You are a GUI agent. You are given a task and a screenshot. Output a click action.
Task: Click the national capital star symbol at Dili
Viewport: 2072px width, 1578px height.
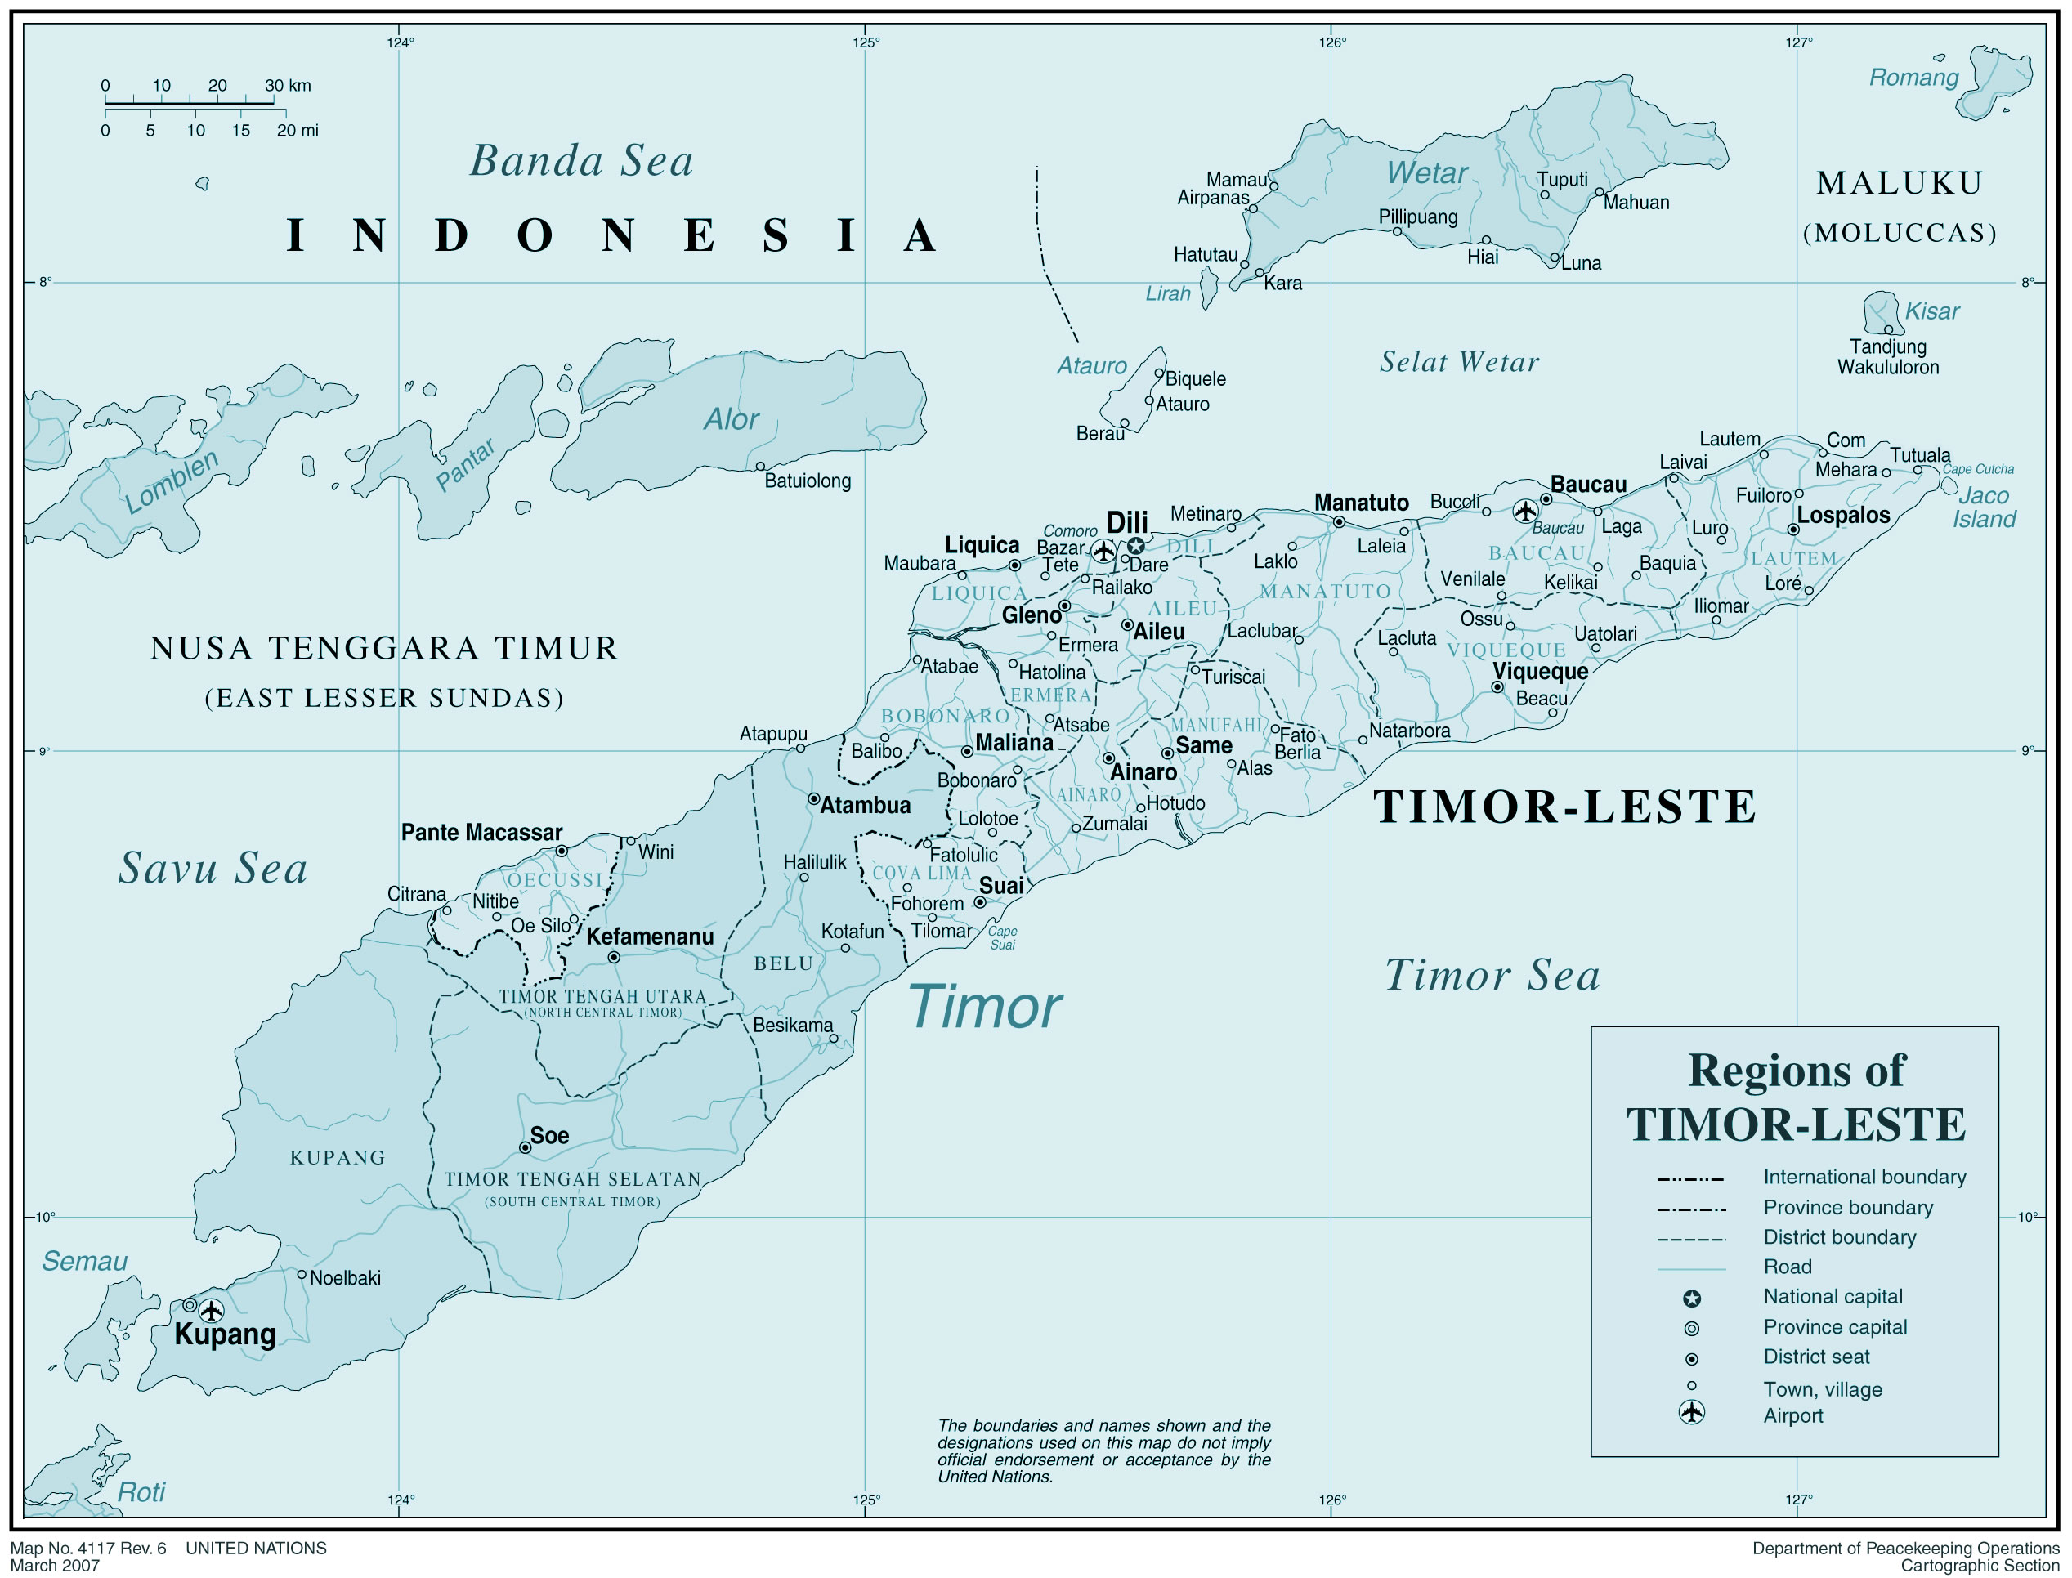click(1135, 546)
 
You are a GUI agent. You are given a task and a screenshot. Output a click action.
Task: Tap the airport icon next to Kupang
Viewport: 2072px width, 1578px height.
click(212, 1310)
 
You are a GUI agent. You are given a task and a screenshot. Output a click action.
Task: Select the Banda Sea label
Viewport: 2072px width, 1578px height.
click(581, 161)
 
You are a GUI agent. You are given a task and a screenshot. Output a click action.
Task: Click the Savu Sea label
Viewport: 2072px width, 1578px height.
click(213, 868)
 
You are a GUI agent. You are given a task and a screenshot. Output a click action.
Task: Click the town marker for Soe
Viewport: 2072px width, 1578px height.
click(525, 1148)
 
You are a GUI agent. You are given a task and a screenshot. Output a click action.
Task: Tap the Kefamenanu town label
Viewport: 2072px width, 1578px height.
click(650, 937)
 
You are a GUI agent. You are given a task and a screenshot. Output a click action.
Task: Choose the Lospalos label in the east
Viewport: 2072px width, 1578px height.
click(1843, 515)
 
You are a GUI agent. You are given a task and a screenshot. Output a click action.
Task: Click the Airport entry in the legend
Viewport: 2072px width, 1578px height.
click(1792, 1415)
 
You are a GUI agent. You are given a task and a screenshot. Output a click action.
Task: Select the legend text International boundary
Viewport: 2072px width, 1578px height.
click(1864, 1177)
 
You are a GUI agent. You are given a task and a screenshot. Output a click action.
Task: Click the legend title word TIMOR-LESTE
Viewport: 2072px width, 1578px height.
click(1796, 1124)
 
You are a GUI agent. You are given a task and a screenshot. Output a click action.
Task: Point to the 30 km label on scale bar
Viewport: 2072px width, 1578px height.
click(288, 86)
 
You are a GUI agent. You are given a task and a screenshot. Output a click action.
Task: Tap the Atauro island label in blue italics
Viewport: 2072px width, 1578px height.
click(1091, 365)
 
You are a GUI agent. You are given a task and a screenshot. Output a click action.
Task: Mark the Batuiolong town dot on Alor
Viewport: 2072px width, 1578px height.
click(760, 466)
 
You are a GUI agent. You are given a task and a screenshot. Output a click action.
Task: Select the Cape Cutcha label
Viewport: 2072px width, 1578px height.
click(1978, 469)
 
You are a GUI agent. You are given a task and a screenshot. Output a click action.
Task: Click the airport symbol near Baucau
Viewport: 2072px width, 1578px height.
click(1525, 511)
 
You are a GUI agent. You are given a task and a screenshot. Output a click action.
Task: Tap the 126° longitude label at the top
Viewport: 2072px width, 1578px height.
click(1331, 42)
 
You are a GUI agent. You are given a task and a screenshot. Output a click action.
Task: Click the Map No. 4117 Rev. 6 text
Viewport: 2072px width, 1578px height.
click(88, 1549)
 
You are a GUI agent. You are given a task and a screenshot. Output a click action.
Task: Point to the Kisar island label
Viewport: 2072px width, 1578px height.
click(1932, 311)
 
